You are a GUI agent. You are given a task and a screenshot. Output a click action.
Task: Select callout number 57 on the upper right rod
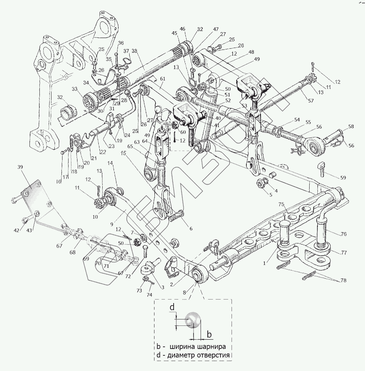pos(311,101)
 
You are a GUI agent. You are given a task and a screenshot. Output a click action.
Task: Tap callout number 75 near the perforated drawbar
pos(281,205)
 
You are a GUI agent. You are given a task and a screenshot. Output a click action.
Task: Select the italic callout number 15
pos(123,153)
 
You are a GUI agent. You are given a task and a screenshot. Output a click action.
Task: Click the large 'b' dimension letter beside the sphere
pos(209,334)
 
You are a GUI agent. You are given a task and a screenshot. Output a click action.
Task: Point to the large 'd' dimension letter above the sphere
pos(171,307)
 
